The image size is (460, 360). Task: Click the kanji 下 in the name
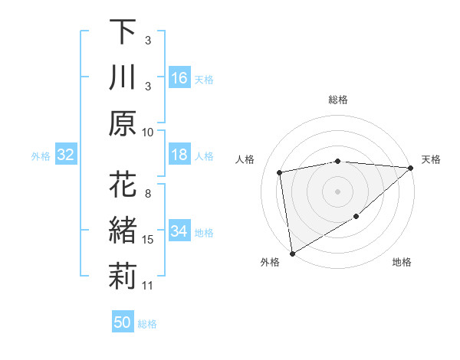pyautogui.click(x=123, y=33)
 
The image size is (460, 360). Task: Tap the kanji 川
pyautogui.click(x=123, y=78)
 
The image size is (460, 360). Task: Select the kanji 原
pyautogui.click(x=123, y=123)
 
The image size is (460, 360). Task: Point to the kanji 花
pyautogui.click(x=123, y=186)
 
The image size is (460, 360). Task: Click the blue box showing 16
pyautogui.click(x=179, y=78)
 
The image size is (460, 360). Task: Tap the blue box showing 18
pyautogui.click(x=179, y=155)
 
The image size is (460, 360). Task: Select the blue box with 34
pyautogui.click(x=179, y=231)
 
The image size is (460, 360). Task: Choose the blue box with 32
pyautogui.click(x=66, y=155)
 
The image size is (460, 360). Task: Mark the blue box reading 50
pyautogui.click(x=123, y=322)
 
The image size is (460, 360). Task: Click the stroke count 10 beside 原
pyautogui.click(x=148, y=132)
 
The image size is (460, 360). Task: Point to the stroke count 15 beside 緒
pyautogui.click(x=148, y=240)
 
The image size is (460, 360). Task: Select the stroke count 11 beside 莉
pyautogui.click(x=148, y=286)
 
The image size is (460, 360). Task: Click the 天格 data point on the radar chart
pyautogui.click(x=411, y=169)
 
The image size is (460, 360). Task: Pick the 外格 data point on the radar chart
pyautogui.click(x=292, y=253)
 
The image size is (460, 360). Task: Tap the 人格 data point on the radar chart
pyautogui.click(x=280, y=172)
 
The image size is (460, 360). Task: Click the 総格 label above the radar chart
pyautogui.click(x=338, y=100)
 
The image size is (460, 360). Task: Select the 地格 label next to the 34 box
pyautogui.click(x=204, y=232)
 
